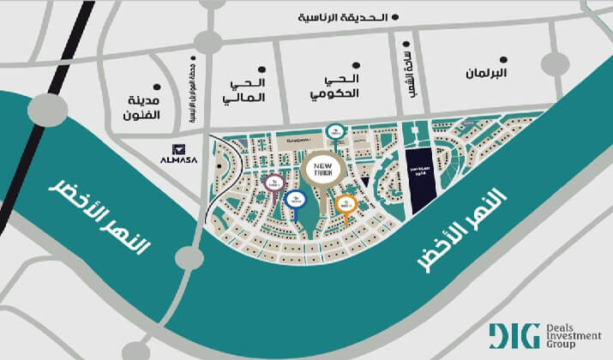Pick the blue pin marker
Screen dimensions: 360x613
[x=295, y=199]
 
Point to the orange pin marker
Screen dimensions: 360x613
[x=346, y=204]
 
